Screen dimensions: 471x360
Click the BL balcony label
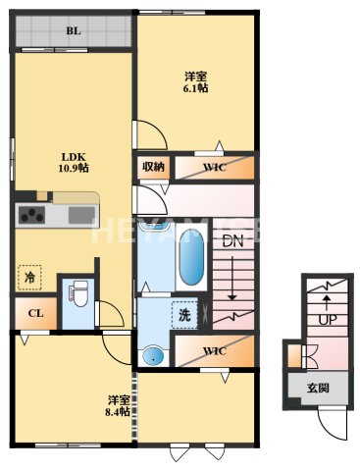(x=73, y=31)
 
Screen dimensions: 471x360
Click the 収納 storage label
(x=154, y=167)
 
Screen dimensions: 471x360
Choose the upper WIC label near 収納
(x=215, y=168)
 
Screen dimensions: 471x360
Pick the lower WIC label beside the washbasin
(x=214, y=350)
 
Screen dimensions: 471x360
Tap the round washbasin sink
(x=152, y=355)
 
